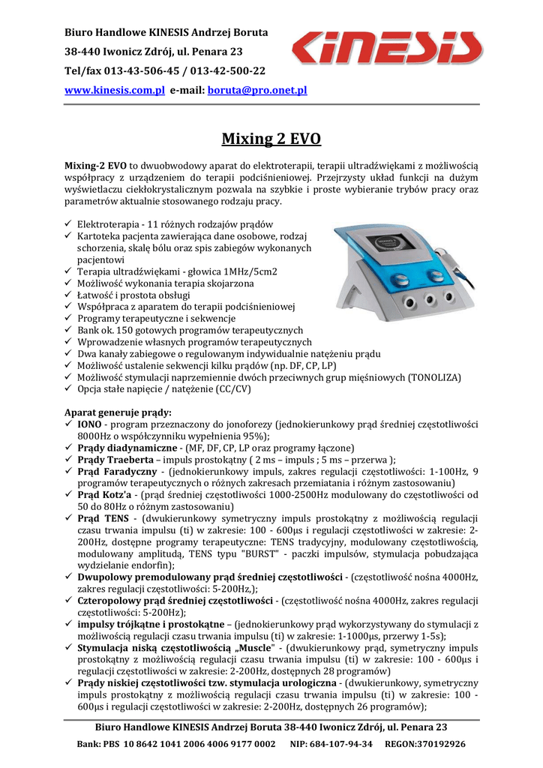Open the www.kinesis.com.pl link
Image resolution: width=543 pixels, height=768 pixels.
115,90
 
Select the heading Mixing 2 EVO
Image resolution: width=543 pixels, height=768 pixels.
271,139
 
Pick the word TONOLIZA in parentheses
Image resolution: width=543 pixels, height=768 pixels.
434,377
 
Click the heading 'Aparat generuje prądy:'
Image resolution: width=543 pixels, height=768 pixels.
118,412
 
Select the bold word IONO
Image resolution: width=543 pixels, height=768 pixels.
90,424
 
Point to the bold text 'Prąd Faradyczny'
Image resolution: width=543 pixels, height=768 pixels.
117,472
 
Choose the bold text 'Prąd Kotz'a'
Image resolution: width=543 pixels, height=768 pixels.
103,495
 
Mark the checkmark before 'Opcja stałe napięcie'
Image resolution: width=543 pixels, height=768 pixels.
68,389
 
